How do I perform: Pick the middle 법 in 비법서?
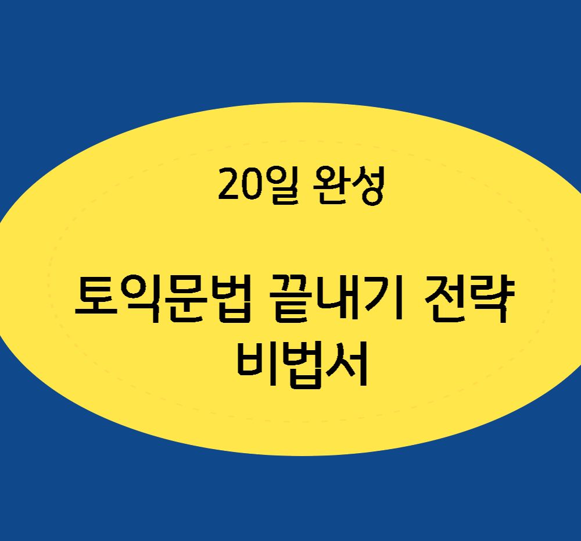pos(303,365)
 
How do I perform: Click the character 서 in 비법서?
pos(347,365)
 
